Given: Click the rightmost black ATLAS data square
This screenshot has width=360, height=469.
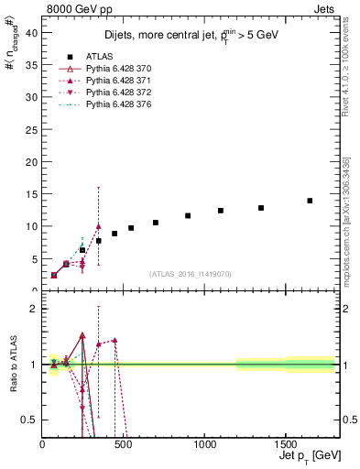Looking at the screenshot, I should pyautogui.click(x=310, y=201).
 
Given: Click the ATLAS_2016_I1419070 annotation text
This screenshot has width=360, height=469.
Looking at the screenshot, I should pyautogui.click(x=190, y=273).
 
